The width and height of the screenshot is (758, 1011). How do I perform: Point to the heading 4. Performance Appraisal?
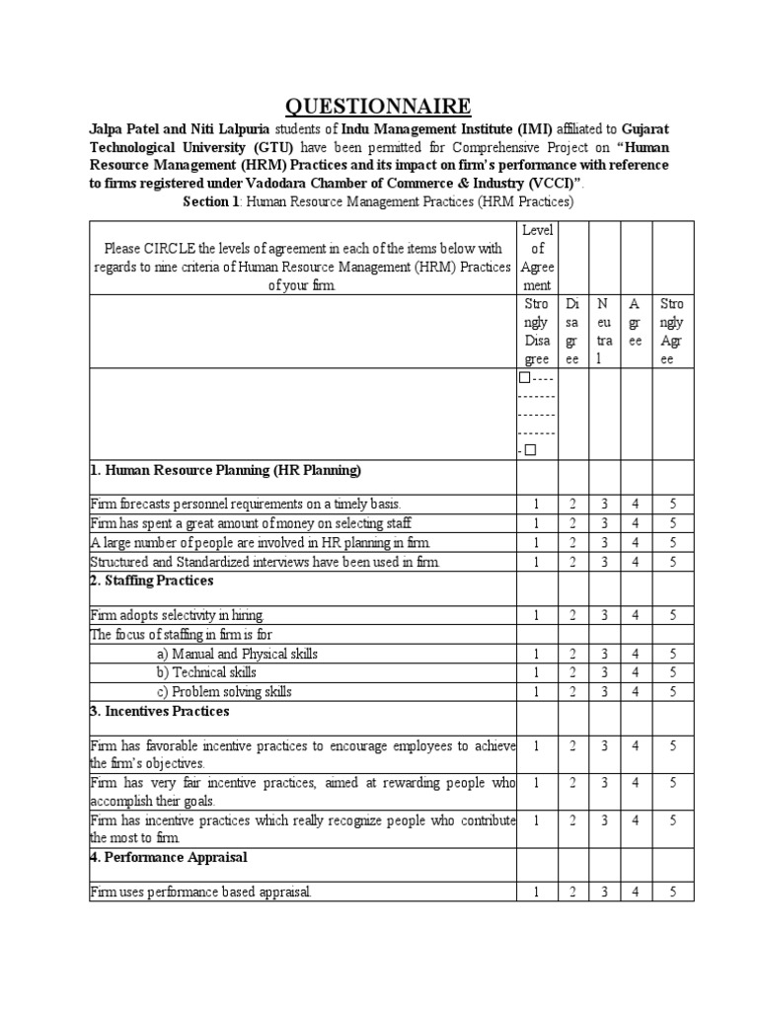[x=169, y=857]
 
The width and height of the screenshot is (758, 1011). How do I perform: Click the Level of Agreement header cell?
[x=536, y=257]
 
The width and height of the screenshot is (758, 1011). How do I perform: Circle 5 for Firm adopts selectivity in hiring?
[x=671, y=615]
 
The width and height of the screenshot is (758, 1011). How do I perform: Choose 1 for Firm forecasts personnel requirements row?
[x=536, y=504]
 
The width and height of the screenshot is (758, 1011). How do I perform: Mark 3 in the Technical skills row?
[x=604, y=672]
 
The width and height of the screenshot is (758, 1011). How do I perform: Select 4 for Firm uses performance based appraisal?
[x=637, y=893]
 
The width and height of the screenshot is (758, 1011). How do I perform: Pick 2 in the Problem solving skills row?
[x=572, y=691]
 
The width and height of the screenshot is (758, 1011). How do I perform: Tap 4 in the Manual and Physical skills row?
[x=637, y=654]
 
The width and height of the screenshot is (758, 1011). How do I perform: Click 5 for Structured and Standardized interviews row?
[x=671, y=561]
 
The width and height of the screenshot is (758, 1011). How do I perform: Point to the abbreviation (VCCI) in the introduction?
[x=529, y=183]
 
